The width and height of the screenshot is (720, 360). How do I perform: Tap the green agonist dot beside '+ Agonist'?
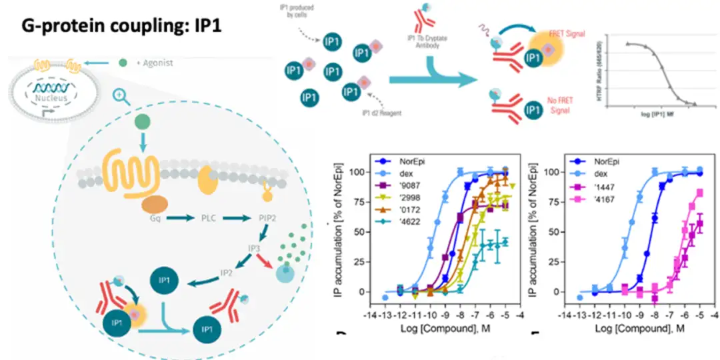pyautogui.click(x=123, y=63)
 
